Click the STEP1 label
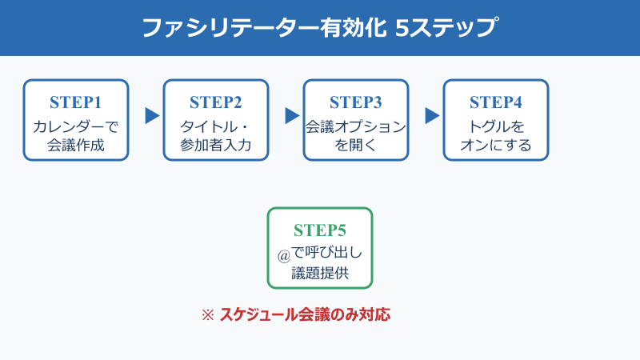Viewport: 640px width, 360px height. coord(76,102)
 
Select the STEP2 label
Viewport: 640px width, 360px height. coord(216,102)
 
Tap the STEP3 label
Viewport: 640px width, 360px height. coord(356,102)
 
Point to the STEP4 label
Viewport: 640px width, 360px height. coord(496,102)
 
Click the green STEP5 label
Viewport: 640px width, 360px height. coord(320,230)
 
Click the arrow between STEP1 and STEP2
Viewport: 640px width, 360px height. coord(152,116)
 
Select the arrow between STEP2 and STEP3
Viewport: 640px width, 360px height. coord(292,116)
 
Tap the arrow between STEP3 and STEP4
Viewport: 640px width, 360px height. coord(432,116)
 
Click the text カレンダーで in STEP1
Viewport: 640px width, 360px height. coord(76,126)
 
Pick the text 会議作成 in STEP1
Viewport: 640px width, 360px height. coord(76,146)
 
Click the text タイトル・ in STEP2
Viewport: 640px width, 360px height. coord(216,126)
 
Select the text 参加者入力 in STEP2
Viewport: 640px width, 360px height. coord(216,146)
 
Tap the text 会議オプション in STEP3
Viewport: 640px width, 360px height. coord(356,126)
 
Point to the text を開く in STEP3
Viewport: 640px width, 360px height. coord(356,146)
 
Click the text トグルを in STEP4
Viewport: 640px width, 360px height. coord(496,126)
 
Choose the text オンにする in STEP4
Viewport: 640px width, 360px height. coord(496,146)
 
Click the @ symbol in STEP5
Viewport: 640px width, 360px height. coord(282,255)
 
